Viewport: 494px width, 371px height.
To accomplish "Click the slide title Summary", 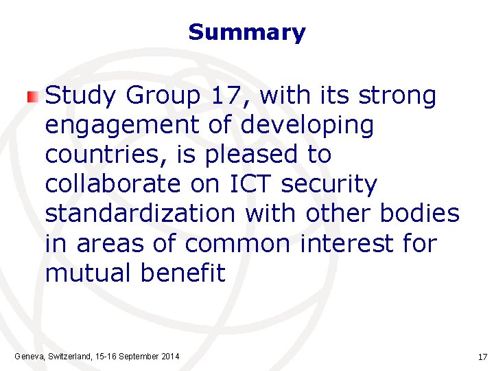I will [x=246, y=32].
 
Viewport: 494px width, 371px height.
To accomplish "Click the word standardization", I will [x=140, y=214].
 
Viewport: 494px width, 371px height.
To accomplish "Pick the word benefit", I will [x=183, y=273].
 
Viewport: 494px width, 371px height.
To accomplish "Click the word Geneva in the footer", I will [x=30, y=357].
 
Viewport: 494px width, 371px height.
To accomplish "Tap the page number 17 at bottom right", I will [x=482, y=357].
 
